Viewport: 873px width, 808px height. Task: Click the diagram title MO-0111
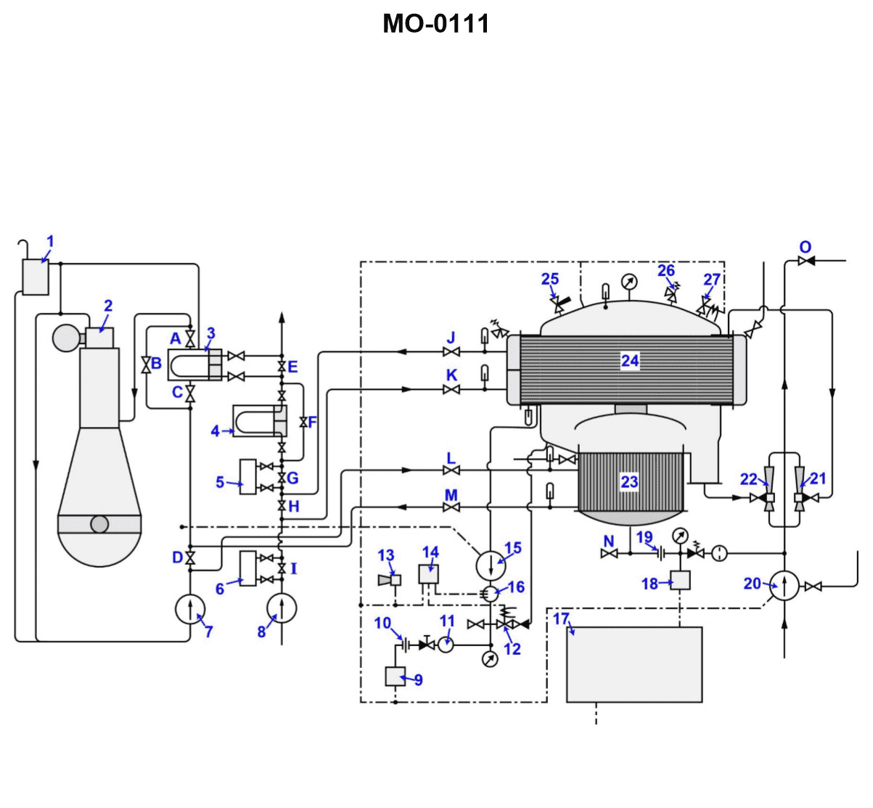435,24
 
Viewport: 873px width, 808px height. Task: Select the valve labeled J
451,352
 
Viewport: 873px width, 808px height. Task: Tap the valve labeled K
451,390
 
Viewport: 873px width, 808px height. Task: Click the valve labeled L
451,470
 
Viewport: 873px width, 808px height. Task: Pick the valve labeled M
451,507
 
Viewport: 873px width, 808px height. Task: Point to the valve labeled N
610,554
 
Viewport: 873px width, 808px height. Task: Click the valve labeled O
805,261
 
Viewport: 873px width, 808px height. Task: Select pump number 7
190,609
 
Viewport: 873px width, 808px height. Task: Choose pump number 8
282,608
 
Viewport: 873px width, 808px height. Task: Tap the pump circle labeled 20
784,585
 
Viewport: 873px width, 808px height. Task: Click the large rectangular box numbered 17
634,664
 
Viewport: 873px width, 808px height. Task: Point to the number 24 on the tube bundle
630,361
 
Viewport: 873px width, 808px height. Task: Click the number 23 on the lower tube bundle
629,482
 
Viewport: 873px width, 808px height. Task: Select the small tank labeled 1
36,277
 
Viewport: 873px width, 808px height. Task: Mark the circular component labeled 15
491,563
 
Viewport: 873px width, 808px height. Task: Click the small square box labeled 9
395,676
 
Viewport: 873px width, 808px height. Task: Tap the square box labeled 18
679,580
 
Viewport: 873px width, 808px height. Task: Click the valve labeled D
190,558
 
